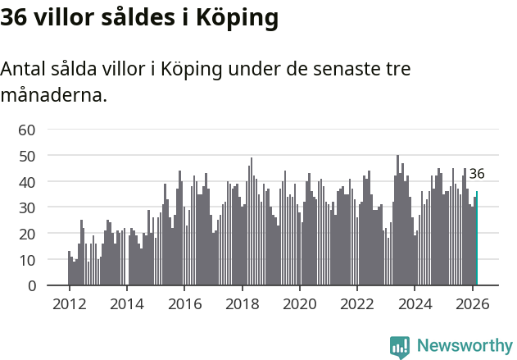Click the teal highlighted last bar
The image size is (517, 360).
coord(477,239)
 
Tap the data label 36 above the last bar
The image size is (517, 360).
coord(477,174)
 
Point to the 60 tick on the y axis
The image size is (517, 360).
coord(27,129)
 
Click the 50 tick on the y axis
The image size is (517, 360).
coord(27,155)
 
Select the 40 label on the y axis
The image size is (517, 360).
coord(27,181)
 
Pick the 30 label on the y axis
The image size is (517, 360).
coord(27,207)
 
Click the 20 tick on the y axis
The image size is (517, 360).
coord(27,234)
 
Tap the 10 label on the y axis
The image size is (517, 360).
coord(27,260)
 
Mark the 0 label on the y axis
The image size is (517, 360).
coord(31,286)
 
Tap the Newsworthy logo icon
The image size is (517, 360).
coord(400,346)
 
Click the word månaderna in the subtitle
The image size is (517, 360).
coord(53,95)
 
